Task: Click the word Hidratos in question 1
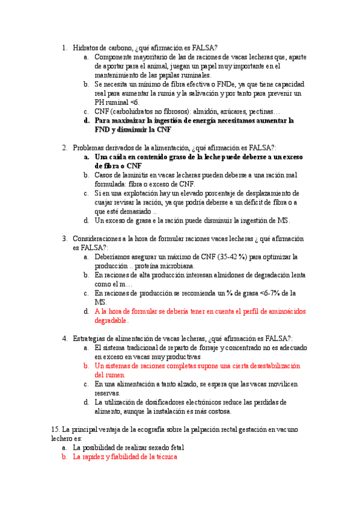85,48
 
